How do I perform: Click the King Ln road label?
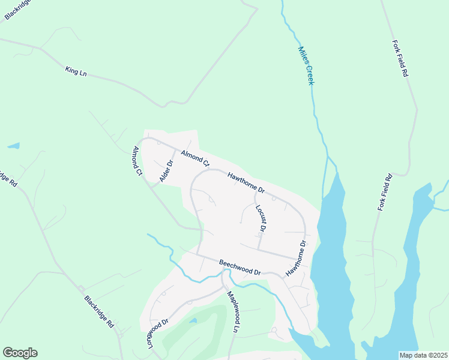76,71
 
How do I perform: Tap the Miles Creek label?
306,65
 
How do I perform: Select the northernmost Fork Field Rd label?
400,59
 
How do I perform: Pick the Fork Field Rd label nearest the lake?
385,192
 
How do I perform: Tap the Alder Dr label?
166,172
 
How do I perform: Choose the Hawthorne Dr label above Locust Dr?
246,182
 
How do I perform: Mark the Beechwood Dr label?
240,267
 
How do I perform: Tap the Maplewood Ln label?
232,311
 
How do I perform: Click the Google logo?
20,353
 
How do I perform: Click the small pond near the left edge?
13,146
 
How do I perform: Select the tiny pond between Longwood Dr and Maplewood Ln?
192,321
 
